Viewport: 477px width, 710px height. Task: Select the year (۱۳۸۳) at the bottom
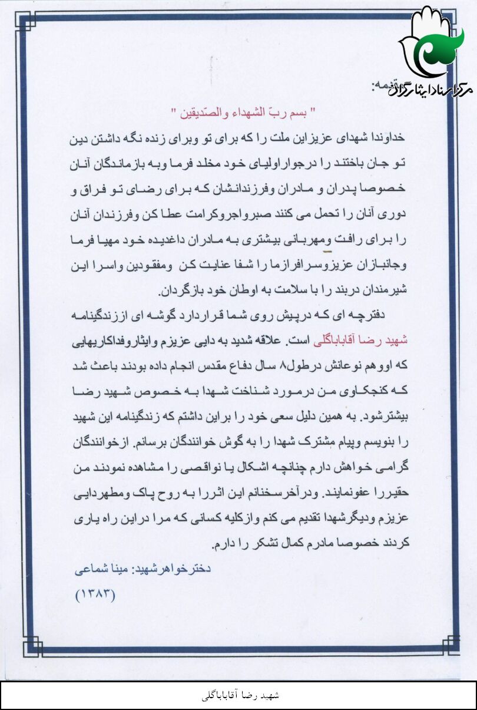96,594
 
